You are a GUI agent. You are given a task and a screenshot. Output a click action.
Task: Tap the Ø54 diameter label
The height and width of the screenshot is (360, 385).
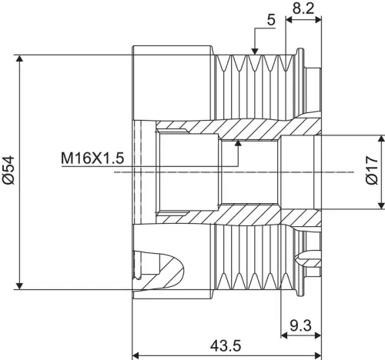[9, 171]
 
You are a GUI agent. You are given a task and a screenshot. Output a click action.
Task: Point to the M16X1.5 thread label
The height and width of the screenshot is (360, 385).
[92, 159]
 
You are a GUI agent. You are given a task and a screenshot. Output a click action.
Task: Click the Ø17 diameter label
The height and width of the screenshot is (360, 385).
[372, 171]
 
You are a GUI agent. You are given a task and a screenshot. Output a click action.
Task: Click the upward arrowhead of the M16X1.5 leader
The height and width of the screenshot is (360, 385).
[239, 143]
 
